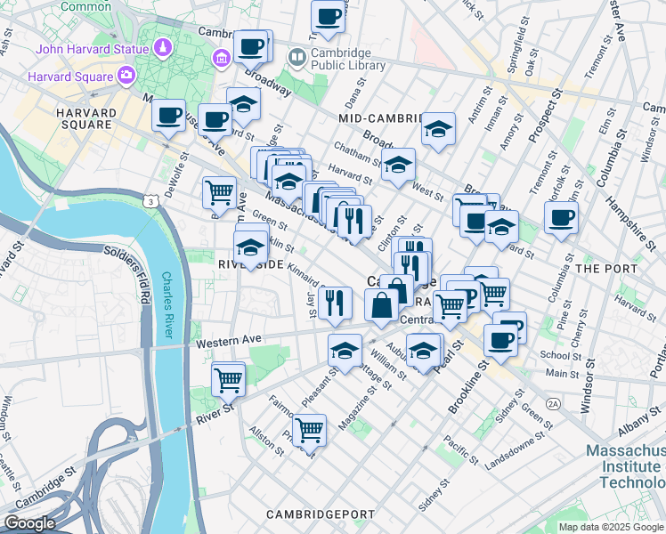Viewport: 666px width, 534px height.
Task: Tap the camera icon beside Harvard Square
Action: tap(127, 76)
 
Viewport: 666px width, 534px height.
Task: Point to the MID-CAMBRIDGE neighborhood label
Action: tap(379, 117)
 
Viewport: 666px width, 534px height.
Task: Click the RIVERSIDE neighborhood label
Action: tap(250, 264)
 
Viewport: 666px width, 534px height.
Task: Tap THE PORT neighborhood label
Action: tap(606, 268)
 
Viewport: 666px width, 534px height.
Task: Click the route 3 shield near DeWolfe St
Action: tap(153, 203)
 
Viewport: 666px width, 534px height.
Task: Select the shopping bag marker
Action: tap(382, 304)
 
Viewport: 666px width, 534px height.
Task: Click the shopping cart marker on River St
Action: tap(229, 379)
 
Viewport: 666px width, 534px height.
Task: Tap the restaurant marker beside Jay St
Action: tap(335, 302)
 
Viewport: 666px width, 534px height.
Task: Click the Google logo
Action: tap(31, 523)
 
